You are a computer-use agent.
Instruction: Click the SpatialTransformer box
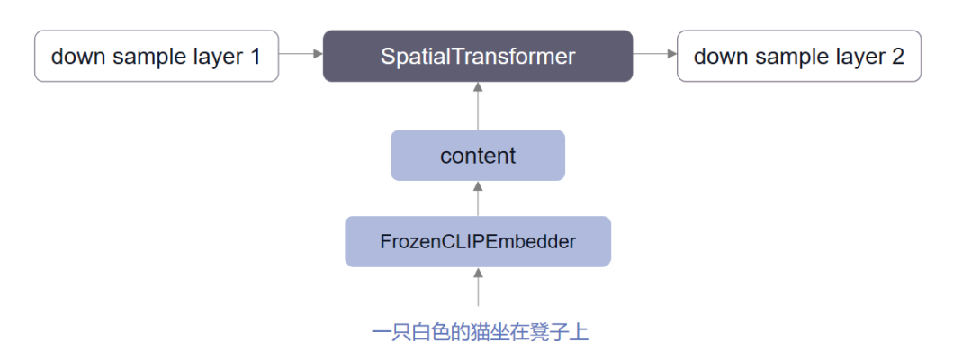click(478, 56)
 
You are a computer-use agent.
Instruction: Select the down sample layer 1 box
click(156, 56)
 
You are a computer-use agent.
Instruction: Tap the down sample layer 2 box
click(799, 56)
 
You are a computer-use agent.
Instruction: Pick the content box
click(478, 156)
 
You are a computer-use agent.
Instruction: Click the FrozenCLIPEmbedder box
click(478, 241)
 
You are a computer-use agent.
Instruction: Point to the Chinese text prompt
click(480, 332)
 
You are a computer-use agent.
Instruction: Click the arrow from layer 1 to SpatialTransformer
click(301, 55)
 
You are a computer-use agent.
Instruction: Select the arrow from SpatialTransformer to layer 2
click(654, 55)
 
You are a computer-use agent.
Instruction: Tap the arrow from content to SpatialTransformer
click(478, 105)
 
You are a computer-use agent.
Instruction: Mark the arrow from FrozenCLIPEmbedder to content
click(478, 198)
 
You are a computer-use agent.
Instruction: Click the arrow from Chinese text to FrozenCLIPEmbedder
click(478, 287)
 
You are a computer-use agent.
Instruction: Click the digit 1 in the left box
click(254, 57)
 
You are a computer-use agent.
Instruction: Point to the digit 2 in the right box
click(897, 57)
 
